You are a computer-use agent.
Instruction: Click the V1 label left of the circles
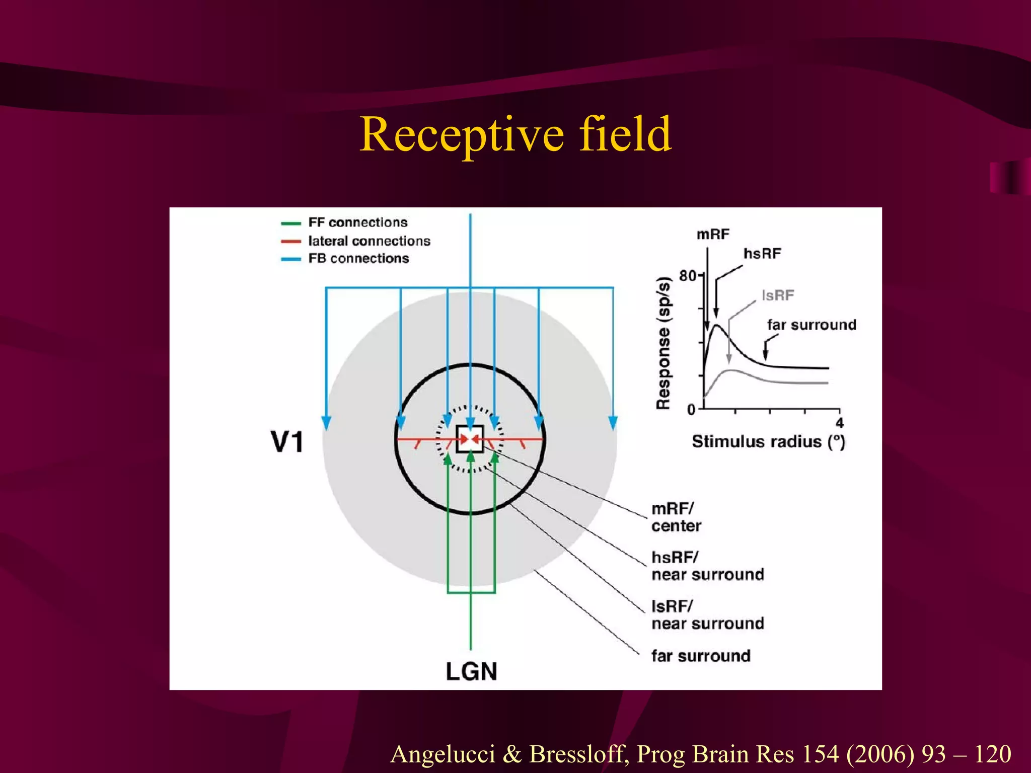point(287,442)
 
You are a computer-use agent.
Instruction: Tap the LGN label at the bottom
point(471,671)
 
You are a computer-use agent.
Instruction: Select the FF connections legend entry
point(357,222)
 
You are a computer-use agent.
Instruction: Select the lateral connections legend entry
point(369,241)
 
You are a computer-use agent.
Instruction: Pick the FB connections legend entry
point(358,258)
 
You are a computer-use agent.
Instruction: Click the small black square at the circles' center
point(470,439)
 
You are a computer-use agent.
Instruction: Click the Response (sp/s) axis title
point(664,343)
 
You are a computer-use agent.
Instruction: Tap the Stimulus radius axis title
point(768,441)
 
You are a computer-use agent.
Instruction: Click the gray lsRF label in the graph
point(778,295)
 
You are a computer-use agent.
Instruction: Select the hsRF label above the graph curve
point(762,254)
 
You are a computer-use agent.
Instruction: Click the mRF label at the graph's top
point(713,235)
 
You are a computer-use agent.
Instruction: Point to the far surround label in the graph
point(812,325)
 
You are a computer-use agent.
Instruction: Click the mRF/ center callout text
point(676,517)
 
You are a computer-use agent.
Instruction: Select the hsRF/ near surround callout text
point(707,566)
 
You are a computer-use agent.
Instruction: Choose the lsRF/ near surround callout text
point(707,615)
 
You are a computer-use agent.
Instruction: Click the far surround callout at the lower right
point(701,656)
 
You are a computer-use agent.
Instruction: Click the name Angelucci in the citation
point(443,754)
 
